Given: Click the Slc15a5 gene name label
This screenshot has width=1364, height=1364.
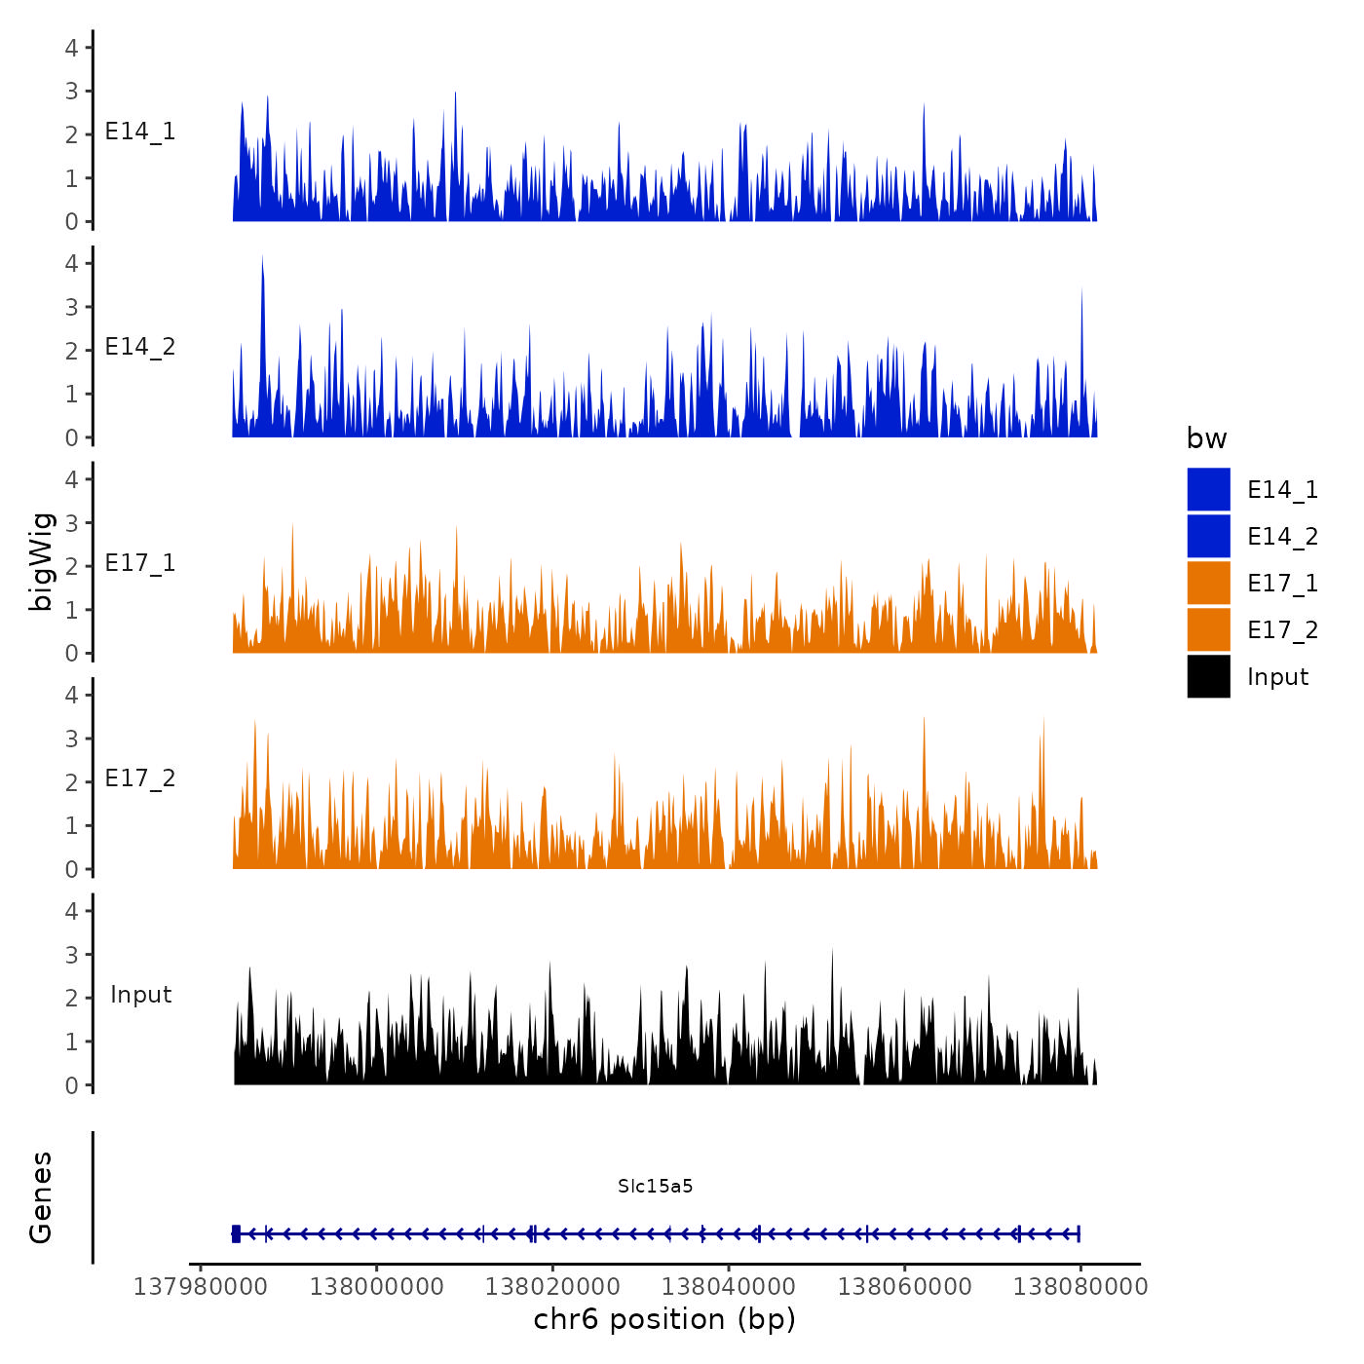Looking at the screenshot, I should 655,1186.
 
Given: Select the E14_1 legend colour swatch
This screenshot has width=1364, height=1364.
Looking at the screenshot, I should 1208,489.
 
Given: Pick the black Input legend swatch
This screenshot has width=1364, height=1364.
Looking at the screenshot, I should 1208,676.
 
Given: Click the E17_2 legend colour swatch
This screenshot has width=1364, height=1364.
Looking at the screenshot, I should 1208,629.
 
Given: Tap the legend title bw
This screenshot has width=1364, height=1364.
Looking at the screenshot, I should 1206,438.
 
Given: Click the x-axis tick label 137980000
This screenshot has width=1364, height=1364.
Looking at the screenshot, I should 201,1286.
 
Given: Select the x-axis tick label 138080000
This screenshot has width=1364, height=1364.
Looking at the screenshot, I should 1080,1286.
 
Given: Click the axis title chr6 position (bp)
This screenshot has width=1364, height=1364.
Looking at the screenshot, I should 664,1319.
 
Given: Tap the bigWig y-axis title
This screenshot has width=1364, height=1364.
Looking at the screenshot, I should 41,561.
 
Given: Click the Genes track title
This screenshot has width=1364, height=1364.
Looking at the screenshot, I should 41,1197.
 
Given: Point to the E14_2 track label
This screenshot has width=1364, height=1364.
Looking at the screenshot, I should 140,347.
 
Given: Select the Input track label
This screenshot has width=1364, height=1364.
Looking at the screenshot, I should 140,995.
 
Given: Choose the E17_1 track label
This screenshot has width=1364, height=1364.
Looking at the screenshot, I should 140,563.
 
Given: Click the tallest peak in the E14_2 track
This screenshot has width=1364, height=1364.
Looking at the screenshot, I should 262,259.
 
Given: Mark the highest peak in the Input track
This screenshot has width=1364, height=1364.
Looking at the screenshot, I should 832,951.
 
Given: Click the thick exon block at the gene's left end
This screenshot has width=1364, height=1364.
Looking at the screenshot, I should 236,1234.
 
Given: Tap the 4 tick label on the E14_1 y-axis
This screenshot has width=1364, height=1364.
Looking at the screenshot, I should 72,47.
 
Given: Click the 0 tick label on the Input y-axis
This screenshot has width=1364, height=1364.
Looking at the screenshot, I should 72,1085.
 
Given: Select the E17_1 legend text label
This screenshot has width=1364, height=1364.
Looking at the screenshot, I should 1282,583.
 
